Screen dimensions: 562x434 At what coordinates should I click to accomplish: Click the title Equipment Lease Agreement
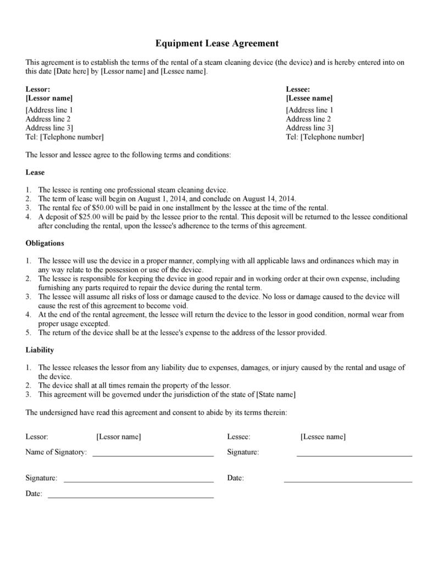click(x=216, y=43)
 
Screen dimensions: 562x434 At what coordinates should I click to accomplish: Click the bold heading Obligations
click(x=45, y=243)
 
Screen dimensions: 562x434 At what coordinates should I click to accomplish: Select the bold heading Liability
click(x=40, y=350)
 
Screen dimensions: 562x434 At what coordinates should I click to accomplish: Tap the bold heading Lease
click(x=35, y=172)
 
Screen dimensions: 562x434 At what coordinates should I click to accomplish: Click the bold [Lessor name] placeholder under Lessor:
click(x=49, y=98)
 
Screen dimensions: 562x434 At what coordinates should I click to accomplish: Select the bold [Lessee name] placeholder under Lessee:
click(x=309, y=98)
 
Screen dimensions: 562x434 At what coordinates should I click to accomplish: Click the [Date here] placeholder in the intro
click(x=71, y=71)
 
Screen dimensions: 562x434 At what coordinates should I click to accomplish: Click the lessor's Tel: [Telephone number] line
click(x=64, y=136)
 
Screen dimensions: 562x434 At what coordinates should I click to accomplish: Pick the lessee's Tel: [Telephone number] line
click(x=325, y=136)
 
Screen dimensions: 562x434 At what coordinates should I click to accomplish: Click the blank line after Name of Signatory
click(x=153, y=455)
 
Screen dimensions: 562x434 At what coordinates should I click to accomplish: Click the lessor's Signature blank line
click(x=138, y=481)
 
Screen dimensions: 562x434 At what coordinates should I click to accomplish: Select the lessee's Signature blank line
click(x=354, y=455)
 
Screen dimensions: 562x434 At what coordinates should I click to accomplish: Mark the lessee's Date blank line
click(x=348, y=481)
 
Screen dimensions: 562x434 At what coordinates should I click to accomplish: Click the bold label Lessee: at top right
click(x=298, y=89)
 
